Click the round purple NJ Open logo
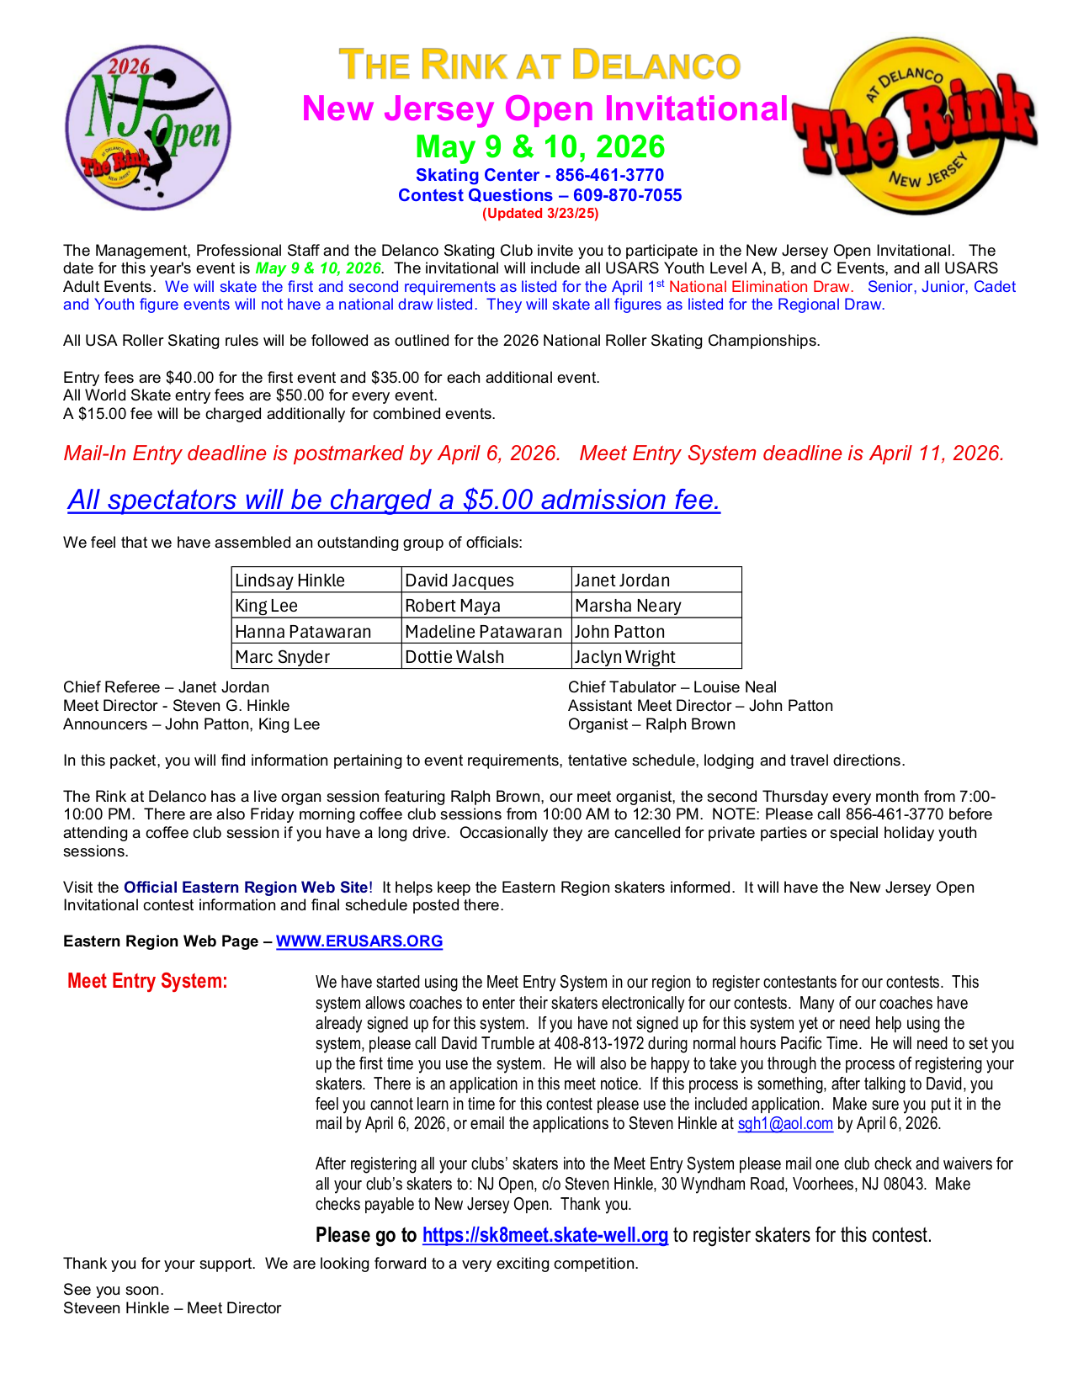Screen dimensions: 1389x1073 click(148, 128)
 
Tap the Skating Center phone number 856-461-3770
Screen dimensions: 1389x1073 click(609, 175)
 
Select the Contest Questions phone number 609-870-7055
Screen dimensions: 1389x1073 click(627, 195)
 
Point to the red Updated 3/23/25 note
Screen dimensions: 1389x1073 click(539, 214)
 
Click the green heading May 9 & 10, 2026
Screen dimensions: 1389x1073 click(539, 147)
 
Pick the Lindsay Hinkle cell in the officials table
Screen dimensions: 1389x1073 click(316, 581)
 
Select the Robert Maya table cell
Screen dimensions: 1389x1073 click(486, 606)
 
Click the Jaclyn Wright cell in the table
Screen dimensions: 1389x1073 click(656, 657)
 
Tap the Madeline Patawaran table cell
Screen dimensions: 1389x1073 click(486, 632)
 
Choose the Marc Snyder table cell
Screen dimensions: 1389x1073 click(316, 657)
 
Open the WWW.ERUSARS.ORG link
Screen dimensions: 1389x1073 click(359, 941)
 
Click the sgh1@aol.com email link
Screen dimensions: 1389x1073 click(785, 1124)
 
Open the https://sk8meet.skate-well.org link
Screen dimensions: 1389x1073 click(544, 1235)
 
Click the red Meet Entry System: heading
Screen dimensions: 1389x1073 click(147, 981)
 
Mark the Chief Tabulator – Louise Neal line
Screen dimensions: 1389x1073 click(672, 687)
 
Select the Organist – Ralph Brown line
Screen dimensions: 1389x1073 click(651, 724)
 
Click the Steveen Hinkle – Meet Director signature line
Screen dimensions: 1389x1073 click(172, 1308)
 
